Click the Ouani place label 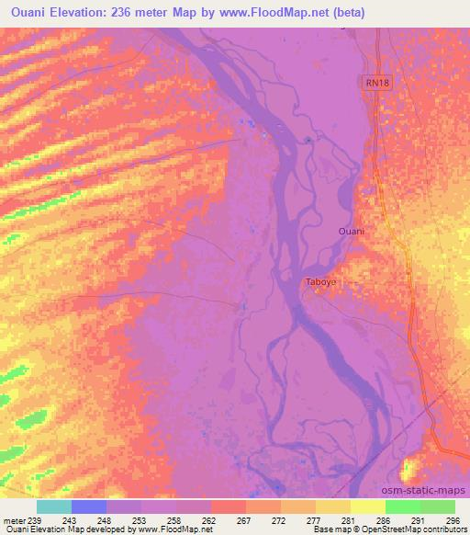coord(351,231)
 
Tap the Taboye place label coord(321,283)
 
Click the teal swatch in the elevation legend coord(54,507)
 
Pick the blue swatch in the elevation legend coord(89,507)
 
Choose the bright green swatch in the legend coord(403,507)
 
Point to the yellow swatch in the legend coord(368,507)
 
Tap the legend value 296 coord(451,519)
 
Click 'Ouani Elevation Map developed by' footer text coord(65,529)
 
